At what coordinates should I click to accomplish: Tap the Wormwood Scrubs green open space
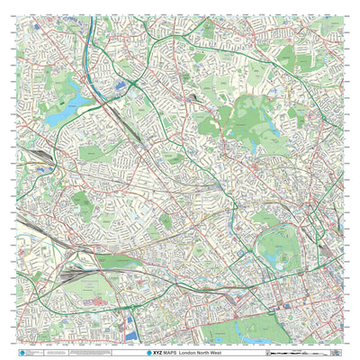pyautogui.click(x=113, y=263)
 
